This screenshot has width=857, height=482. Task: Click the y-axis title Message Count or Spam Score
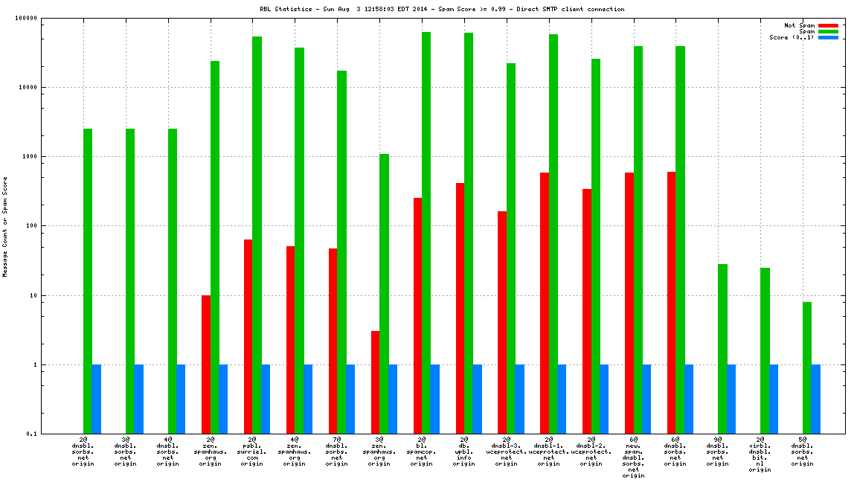click(5, 226)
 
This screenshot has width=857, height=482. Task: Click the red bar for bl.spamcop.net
click(418, 315)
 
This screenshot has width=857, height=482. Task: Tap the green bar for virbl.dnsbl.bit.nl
click(765, 350)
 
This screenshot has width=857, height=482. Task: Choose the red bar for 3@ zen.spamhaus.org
click(376, 382)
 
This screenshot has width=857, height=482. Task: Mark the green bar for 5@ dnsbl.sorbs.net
click(808, 367)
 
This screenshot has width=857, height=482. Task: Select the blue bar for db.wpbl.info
click(478, 399)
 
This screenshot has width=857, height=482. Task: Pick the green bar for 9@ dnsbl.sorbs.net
click(723, 349)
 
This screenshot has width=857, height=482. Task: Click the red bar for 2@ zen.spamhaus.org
click(206, 364)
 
